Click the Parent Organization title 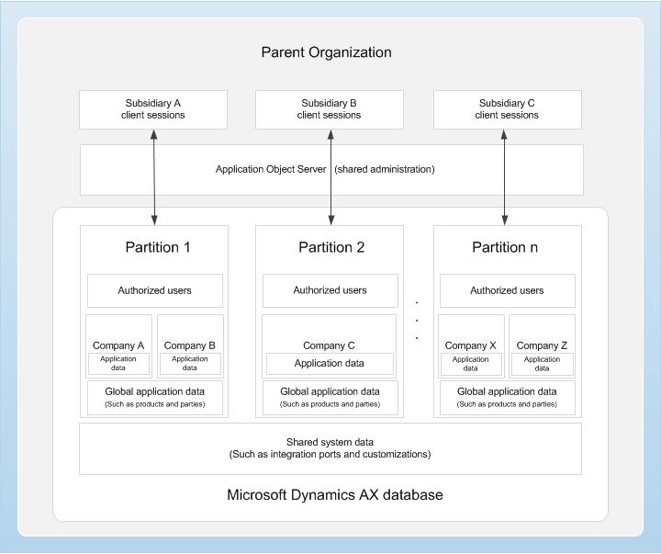coord(326,52)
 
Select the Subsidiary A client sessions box coord(153,109)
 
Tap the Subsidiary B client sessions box coord(329,109)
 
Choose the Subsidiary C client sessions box coord(506,109)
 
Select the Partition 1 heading coord(157,247)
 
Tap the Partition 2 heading coord(330,247)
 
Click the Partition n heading coord(504,247)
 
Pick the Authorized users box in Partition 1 coord(154,290)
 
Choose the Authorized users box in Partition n coord(507,290)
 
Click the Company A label coord(118,345)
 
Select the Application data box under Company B coord(190,364)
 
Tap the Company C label coord(329,345)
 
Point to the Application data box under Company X coord(470,364)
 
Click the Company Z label coord(542,345)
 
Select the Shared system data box coord(330,448)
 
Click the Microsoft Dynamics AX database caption coord(334,495)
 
